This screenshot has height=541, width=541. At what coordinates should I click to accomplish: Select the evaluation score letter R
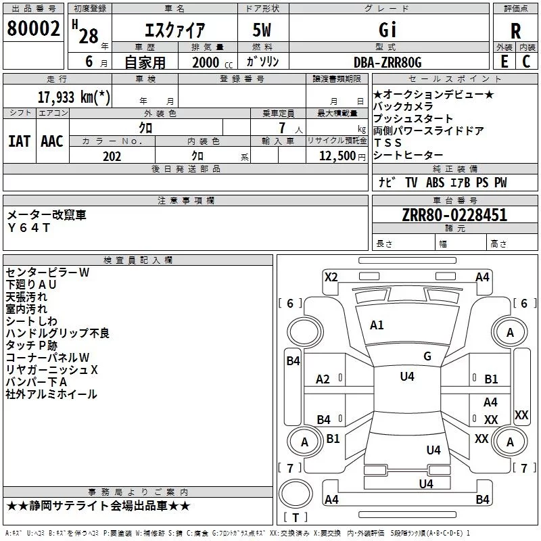point(515,30)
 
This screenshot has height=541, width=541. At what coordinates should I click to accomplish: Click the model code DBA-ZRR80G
point(387,62)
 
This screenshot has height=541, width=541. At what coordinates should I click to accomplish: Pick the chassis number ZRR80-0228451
point(454,216)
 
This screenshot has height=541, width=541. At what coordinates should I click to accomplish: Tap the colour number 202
point(112,156)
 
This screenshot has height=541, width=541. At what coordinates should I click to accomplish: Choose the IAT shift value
point(19,141)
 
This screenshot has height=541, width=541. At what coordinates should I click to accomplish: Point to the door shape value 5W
point(263,30)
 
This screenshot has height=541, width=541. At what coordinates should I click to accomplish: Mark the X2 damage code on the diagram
point(331,277)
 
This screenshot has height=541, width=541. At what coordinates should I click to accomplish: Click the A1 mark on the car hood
point(377,325)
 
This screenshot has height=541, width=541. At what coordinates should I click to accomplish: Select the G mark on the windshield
point(427,356)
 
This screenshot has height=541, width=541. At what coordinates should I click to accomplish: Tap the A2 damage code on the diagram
point(323,379)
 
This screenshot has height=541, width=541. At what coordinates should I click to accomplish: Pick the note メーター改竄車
point(47,215)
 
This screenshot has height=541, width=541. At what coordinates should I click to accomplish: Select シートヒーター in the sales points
point(408,156)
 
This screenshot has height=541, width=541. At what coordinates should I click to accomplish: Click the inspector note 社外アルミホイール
point(51,394)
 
